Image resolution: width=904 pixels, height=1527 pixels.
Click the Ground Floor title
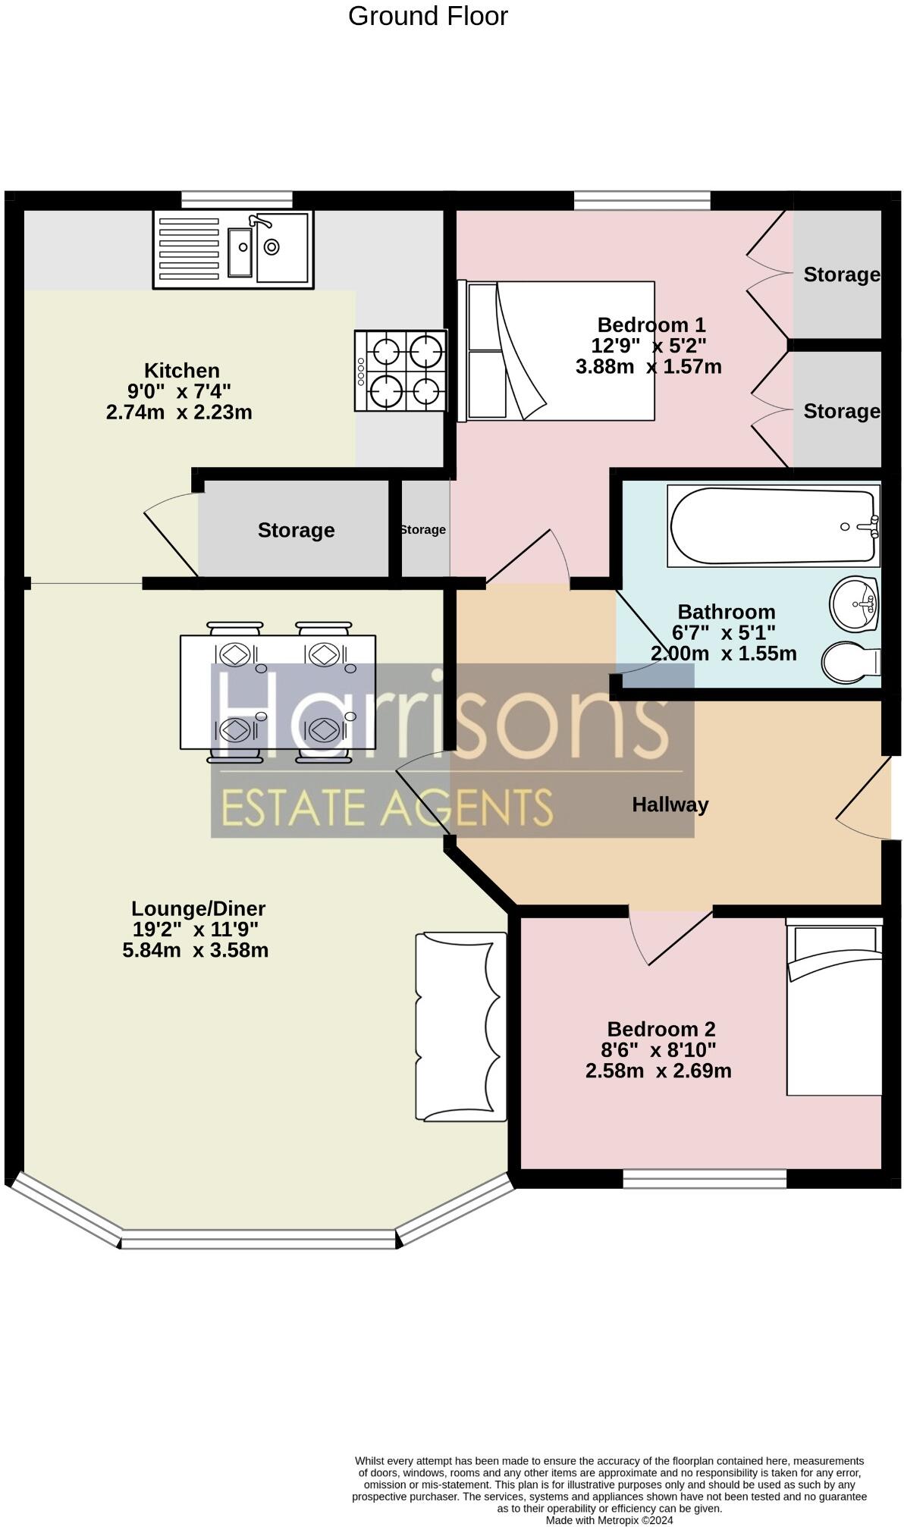point(428,16)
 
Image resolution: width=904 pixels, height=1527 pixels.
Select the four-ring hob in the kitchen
point(400,371)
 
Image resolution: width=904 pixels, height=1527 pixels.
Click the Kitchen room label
point(182,371)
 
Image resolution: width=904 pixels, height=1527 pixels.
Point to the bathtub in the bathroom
point(772,526)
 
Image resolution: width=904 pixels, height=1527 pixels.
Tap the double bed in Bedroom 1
point(557,350)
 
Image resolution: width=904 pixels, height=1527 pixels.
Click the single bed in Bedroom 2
point(833,1007)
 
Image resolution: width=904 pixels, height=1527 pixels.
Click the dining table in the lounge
point(278,691)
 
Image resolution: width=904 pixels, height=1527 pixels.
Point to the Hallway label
point(670,804)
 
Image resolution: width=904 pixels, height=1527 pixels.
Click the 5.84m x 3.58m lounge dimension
point(196,950)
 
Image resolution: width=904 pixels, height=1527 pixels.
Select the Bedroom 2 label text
point(661,1029)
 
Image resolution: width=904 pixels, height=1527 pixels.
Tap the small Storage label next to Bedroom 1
point(423,529)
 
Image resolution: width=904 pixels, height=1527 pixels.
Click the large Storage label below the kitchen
point(296,530)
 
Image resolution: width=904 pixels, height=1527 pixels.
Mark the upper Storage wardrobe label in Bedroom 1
point(841,274)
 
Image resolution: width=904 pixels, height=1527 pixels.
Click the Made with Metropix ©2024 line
point(609,1519)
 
